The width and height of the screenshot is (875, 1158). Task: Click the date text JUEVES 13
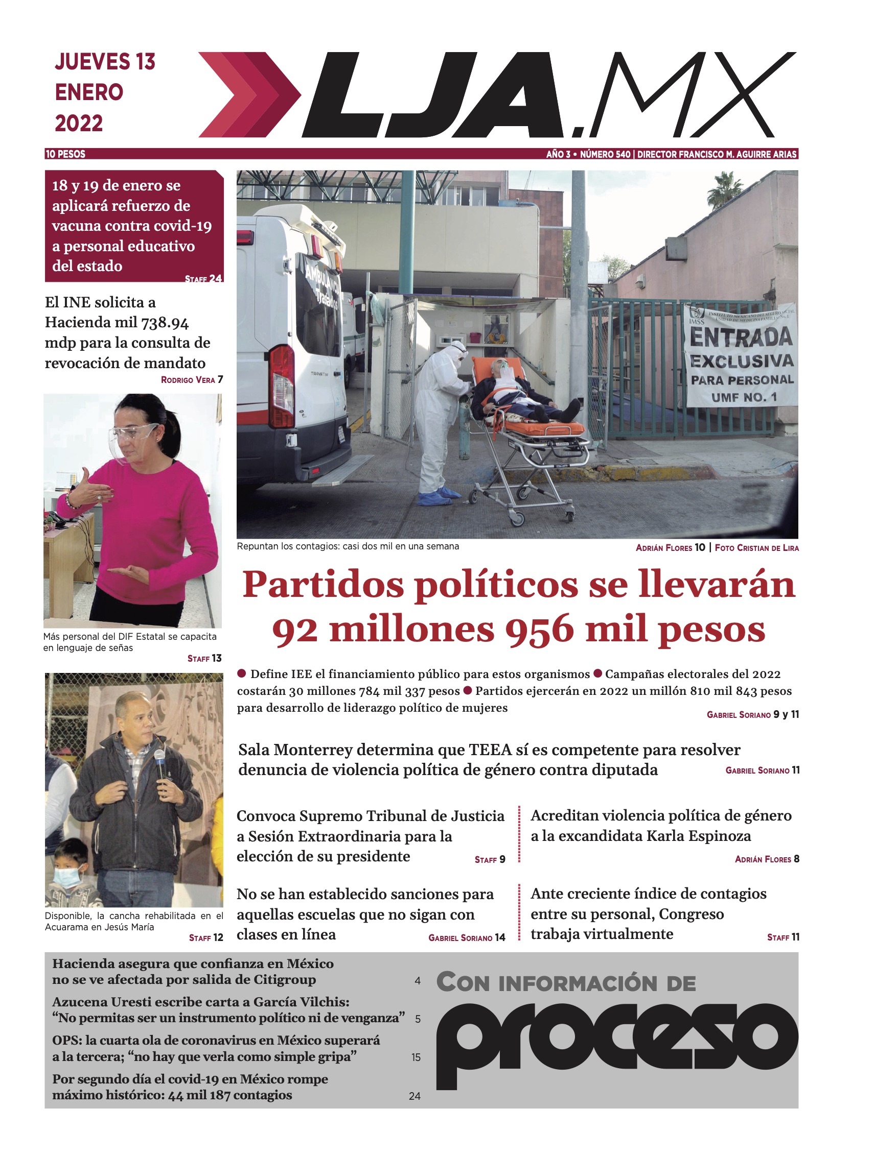pyautogui.click(x=105, y=62)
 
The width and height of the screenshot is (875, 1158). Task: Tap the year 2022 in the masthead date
pyautogui.click(x=79, y=124)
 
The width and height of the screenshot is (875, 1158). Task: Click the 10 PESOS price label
pyautogui.click(x=65, y=154)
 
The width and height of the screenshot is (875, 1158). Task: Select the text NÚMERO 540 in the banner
pyautogui.click(x=605, y=154)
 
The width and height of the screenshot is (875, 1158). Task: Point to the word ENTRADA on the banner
pyautogui.click(x=741, y=337)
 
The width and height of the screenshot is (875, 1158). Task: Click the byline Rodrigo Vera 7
pyautogui.click(x=192, y=379)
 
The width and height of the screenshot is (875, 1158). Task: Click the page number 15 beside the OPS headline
pyautogui.click(x=416, y=1057)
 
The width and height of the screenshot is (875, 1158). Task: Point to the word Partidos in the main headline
pyautogui.click(x=322, y=585)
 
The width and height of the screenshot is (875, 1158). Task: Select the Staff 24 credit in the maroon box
pyautogui.click(x=203, y=278)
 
